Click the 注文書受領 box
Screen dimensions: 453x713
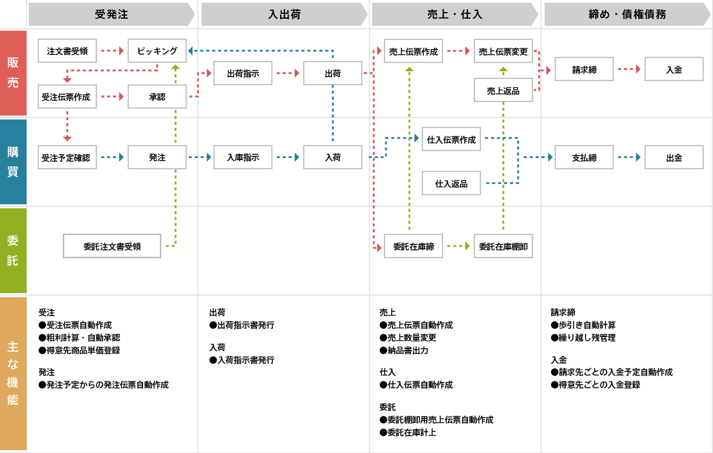click(x=67, y=51)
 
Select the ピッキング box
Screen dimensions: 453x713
click(x=157, y=51)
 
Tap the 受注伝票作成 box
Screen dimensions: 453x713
click(x=67, y=97)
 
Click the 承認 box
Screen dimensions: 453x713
click(x=157, y=97)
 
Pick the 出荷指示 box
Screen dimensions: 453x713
click(x=243, y=74)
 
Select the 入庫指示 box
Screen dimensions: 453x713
click(x=243, y=157)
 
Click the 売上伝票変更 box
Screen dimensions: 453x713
click(x=503, y=51)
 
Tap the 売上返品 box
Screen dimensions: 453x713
click(x=503, y=90)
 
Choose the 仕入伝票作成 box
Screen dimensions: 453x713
click(x=451, y=139)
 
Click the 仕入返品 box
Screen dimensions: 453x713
click(x=451, y=183)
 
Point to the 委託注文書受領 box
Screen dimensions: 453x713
click(x=112, y=246)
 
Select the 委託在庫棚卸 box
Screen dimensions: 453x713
click(x=503, y=246)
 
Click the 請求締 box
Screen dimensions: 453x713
click(x=584, y=69)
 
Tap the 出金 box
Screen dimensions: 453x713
click(x=674, y=157)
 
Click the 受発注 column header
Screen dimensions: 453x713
click(x=112, y=14)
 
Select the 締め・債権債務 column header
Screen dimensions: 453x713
click(x=627, y=14)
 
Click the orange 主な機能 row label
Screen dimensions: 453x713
click(x=13, y=373)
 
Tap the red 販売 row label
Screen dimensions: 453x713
click(x=13, y=72)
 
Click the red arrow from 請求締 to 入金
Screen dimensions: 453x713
click(x=629, y=69)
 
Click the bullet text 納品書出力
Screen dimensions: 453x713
click(x=408, y=350)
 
